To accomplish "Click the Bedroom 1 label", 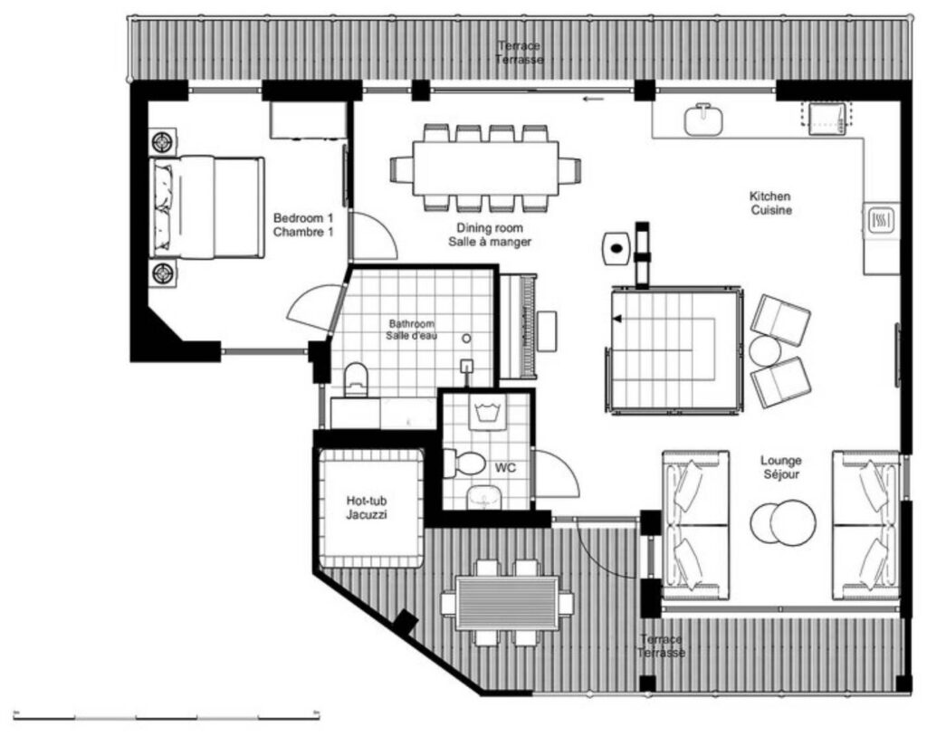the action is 302,219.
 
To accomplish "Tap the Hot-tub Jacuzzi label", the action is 367,508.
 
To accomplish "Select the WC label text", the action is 505,468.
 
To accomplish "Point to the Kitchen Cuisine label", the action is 770,203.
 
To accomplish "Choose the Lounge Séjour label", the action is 781,467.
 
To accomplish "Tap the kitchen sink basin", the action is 704,120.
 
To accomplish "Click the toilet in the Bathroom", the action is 355,379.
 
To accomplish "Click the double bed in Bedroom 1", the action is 206,207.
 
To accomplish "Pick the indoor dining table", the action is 485,167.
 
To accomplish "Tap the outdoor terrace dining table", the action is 507,604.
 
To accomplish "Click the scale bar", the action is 167,717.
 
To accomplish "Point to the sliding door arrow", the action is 594,99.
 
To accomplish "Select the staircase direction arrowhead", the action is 617,320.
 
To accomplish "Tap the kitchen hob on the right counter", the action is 881,221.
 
